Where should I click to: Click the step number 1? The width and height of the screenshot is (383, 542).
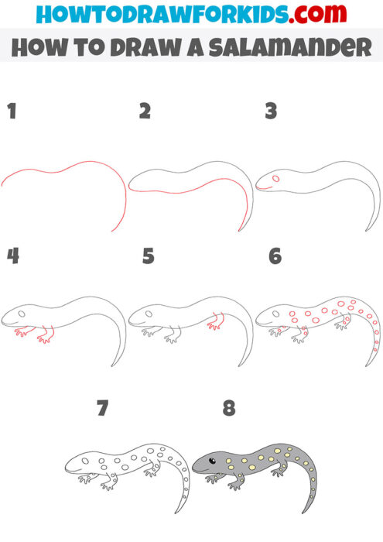tap(12, 111)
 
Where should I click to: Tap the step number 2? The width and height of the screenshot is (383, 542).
tap(144, 111)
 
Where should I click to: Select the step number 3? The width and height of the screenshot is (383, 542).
tap(271, 111)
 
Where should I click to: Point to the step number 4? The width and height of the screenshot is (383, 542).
tap(12, 256)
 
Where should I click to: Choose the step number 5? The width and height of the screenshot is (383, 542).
tap(149, 256)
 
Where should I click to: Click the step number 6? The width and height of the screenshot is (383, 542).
tap(275, 256)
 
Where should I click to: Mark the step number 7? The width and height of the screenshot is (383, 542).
tap(102, 408)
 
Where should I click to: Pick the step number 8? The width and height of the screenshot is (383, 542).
tap(228, 408)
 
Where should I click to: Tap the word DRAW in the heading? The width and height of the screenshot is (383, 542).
tap(142, 48)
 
